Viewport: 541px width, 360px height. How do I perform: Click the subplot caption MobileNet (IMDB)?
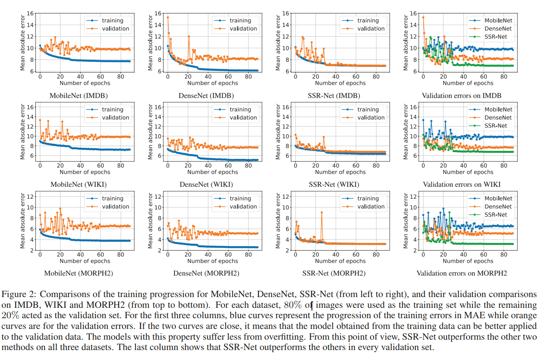click(78, 96)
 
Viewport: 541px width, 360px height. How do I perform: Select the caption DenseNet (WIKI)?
click(206, 184)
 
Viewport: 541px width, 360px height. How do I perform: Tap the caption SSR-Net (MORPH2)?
click(333, 273)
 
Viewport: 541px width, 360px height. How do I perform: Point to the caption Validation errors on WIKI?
click(461, 184)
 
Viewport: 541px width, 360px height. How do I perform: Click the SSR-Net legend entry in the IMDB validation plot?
click(496, 37)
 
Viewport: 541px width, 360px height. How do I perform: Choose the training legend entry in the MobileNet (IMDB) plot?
click(112, 20)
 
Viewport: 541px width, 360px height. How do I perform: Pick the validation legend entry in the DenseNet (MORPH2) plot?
click(243, 206)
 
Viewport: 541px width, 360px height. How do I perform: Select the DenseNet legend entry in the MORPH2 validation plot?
click(498, 206)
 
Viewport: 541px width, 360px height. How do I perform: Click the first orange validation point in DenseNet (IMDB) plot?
click(168, 17)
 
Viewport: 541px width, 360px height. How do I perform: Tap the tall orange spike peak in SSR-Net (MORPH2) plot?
click(321, 213)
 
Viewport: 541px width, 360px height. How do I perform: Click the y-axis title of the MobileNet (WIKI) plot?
click(23, 132)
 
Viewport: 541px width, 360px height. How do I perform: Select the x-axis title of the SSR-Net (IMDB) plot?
click(340, 83)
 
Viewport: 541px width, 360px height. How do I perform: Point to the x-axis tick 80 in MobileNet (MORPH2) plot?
click(121, 254)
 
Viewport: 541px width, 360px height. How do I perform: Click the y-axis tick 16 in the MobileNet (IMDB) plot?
click(31, 14)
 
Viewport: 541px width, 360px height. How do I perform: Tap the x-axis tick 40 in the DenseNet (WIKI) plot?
click(208, 166)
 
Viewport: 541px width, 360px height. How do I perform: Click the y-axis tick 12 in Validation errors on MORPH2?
click(414, 196)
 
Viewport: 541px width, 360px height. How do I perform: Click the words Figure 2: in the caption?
click(19, 295)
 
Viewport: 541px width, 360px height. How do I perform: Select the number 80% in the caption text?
click(293, 305)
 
